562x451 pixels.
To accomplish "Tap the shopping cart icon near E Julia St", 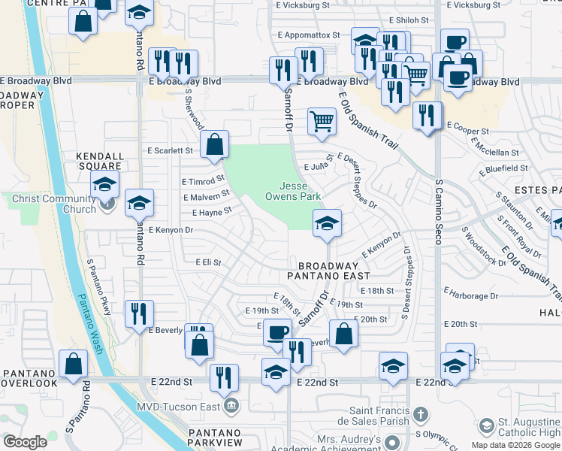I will point(322,120).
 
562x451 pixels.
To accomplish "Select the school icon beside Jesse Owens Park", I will point(327,222).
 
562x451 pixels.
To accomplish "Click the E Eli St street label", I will point(208,262).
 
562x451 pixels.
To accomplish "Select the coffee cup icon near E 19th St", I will point(278,331).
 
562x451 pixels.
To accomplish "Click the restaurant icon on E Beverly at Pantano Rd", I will point(139,313).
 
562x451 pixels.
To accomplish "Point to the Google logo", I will point(25,442).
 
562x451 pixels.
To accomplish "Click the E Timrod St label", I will point(204,181).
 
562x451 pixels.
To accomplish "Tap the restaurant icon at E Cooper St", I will point(427,115).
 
